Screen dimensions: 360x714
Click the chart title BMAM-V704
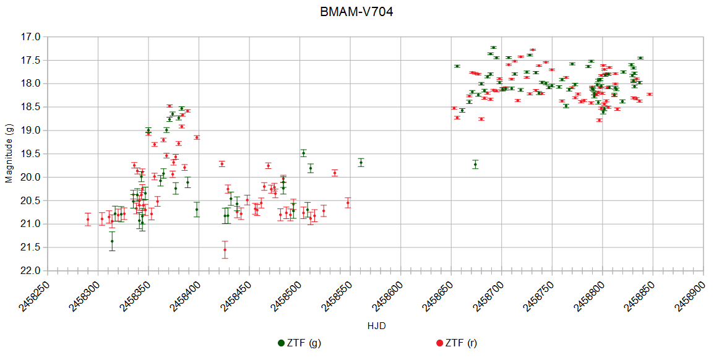click(356, 12)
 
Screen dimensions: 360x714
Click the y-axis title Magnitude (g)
click(9, 153)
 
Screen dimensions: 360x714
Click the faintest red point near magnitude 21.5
click(225, 250)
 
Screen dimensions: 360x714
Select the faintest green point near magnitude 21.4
click(112, 241)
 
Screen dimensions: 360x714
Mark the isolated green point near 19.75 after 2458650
click(475, 164)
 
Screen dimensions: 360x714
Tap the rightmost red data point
click(650, 94)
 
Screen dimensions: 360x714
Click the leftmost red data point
click(88, 219)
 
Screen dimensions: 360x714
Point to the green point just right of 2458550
click(361, 162)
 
